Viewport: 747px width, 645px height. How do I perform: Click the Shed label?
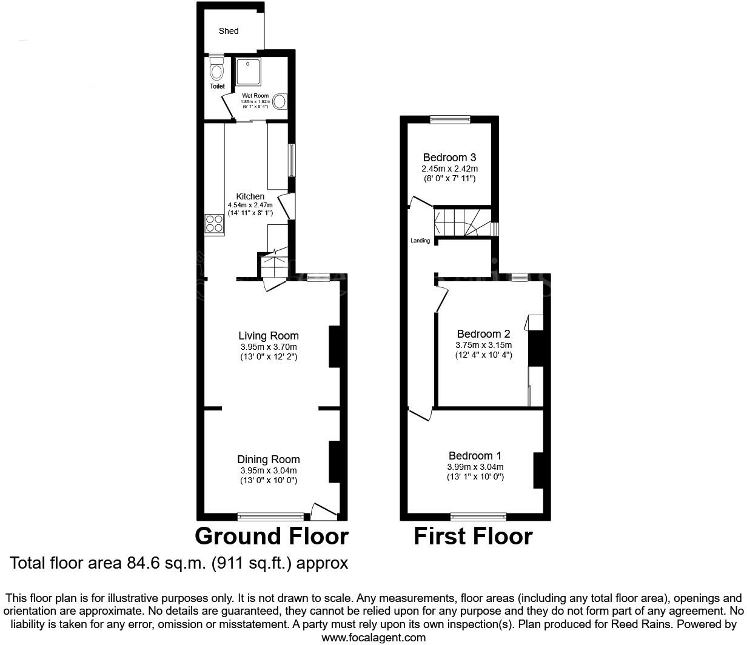click(229, 31)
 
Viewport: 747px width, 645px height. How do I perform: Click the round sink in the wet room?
click(280, 101)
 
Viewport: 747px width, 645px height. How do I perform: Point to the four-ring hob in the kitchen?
click(214, 225)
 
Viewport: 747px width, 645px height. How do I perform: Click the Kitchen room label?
click(250, 196)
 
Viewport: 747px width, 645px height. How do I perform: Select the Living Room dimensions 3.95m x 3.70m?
click(269, 347)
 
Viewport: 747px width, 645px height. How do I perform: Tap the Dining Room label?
click(268, 460)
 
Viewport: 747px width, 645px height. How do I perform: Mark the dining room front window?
click(271, 516)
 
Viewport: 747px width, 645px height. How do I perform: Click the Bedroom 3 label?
click(449, 158)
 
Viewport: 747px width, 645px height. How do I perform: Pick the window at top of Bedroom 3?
click(450, 119)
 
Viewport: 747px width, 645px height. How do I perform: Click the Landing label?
click(420, 241)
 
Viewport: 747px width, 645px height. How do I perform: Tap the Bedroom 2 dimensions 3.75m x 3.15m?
click(483, 345)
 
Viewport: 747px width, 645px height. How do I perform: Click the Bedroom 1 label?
click(475, 456)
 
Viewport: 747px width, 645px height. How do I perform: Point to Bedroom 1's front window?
click(478, 516)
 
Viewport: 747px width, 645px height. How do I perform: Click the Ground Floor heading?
click(272, 536)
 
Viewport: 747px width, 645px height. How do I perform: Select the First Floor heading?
click(473, 536)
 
